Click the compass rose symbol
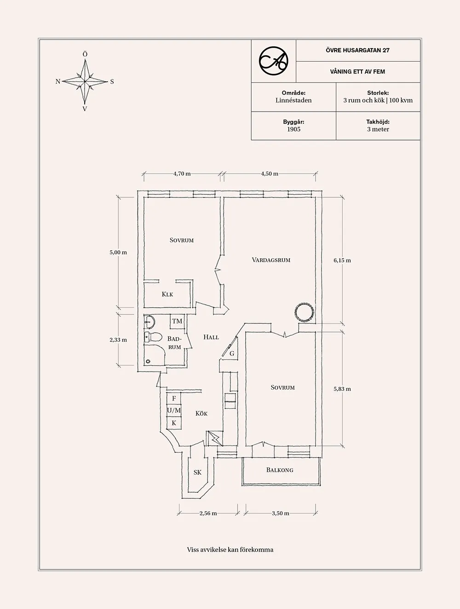85,82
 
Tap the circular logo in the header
273,61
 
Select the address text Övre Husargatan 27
357,50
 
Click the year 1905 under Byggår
293,130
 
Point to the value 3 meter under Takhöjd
378,130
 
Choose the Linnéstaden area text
293,100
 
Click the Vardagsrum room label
271,260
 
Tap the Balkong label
280,470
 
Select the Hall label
211,337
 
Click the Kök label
201,413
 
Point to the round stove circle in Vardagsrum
304,312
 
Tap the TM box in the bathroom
177,321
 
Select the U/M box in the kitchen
174,410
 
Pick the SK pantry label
197,472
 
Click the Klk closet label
167,294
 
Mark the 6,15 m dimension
342,260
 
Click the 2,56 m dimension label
208,513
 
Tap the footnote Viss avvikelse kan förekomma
230,549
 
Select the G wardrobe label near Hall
232,354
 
